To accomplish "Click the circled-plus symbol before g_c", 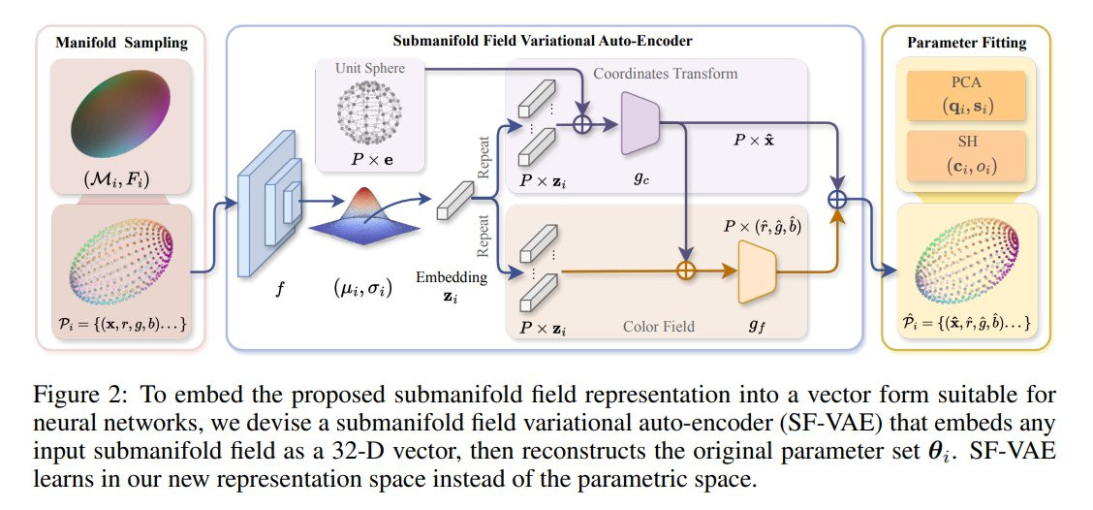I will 583,124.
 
